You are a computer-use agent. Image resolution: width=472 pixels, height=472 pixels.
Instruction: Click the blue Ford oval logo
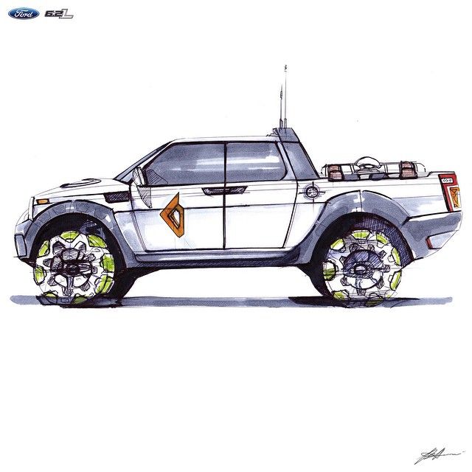pyautogui.click(x=24, y=13)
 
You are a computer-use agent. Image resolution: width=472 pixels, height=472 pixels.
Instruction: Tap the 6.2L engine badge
pyautogui.click(x=59, y=13)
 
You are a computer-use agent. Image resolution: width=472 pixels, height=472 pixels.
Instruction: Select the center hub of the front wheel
pyautogui.click(x=74, y=265)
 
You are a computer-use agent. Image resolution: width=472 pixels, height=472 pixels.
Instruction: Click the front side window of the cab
pyautogui.click(x=184, y=164)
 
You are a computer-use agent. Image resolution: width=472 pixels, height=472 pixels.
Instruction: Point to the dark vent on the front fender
pyautogui.click(x=117, y=197)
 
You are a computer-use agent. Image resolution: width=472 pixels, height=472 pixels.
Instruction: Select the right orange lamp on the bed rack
pyautogui.click(x=407, y=171)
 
